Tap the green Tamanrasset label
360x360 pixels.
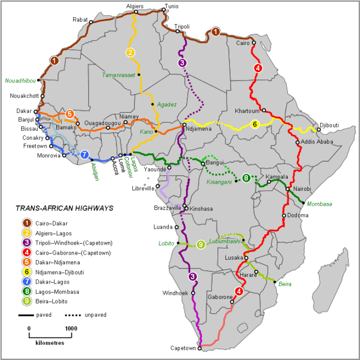point(119,75)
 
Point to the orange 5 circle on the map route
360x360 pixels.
point(69,113)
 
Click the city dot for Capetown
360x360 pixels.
point(200,348)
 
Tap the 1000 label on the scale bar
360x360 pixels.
point(71,328)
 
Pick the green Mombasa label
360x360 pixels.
point(319,204)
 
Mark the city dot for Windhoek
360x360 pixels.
point(193,293)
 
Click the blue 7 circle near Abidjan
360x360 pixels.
point(84,155)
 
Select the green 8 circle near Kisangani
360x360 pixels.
point(246,178)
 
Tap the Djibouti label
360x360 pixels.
point(329,126)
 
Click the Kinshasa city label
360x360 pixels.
point(202,207)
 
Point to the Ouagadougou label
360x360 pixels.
point(103,123)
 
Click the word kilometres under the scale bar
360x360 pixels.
point(50,343)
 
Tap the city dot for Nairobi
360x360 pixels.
point(287,189)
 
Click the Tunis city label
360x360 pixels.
point(171,7)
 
